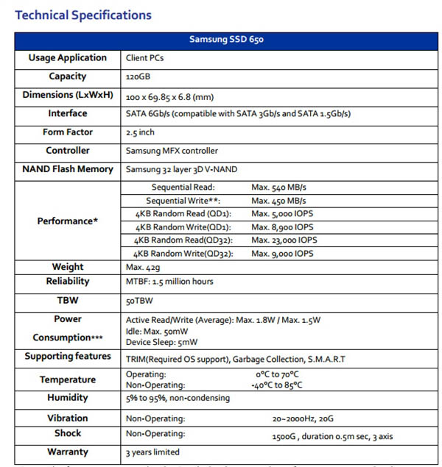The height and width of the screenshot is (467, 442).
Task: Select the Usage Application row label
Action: pyautogui.click(x=68, y=57)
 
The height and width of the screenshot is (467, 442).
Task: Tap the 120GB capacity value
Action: pyautogui.click(x=141, y=76)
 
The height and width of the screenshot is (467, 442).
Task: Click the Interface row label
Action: pyautogui.click(x=68, y=113)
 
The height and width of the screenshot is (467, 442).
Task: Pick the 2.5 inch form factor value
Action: pyautogui.click(x=141, y=132)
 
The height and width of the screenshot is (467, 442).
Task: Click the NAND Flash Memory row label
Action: pyautogui.click(x=68, y=169)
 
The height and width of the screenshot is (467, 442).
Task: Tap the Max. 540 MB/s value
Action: pyautogui.click(x=281, y=188)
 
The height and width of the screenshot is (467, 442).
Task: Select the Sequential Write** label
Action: pyautogui.click(x=183, y=201)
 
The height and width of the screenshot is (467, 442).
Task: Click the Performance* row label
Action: pyautogui.click(x=68, y=221)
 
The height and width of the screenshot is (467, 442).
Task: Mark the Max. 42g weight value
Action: pyautogui.click(x=141, y=267)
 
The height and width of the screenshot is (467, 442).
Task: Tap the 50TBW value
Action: pyautogui.click(x=140, y=301)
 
